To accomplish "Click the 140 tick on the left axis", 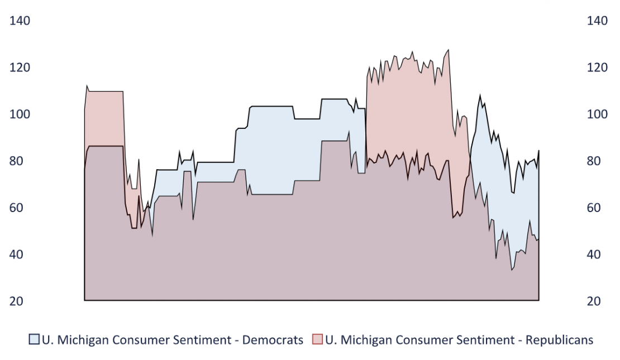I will pos(20,21).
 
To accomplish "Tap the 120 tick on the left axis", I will pos(20,68).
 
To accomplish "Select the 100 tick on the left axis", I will pos(20,114).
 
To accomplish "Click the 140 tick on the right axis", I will pos(597,21).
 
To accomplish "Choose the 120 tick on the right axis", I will pos(597,68).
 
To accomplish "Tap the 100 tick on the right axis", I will pos(597,114).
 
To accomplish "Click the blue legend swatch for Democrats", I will pos(35,339).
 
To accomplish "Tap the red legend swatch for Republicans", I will pos(317,339).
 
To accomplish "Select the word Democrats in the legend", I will pos(273,339).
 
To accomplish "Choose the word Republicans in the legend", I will pos(559,339).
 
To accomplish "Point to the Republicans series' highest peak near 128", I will pos(448,50).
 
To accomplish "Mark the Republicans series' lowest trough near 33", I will pos(512,270).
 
